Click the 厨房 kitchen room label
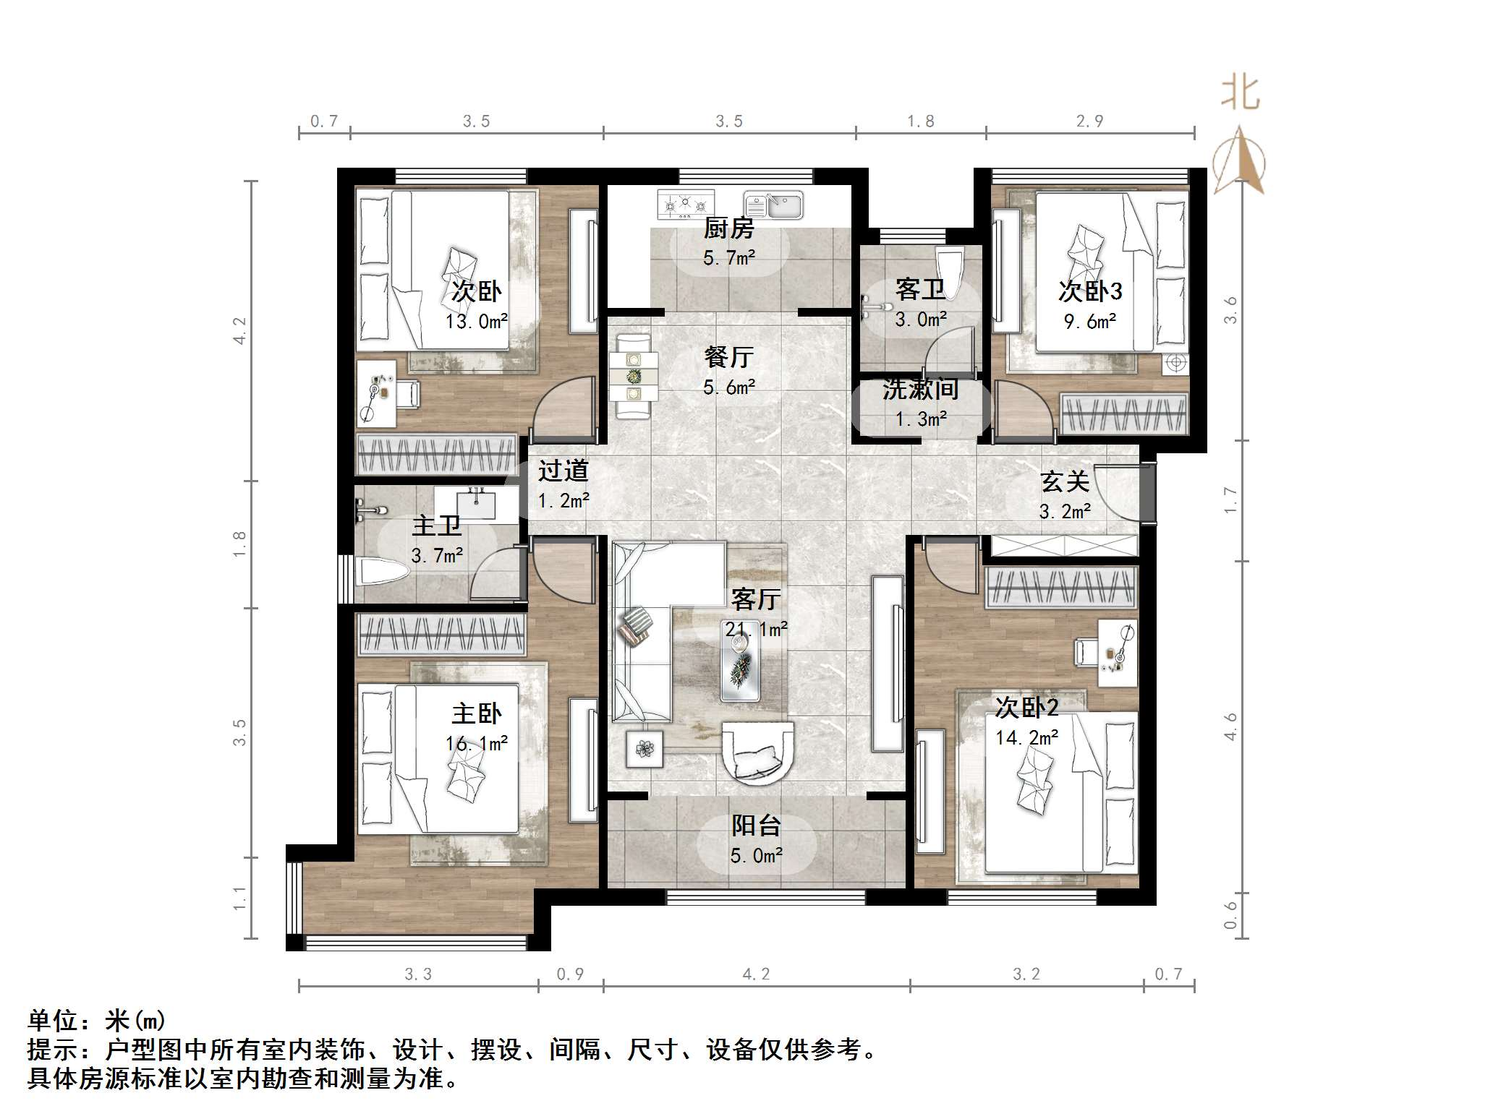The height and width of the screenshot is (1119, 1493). click(x=729, y=228)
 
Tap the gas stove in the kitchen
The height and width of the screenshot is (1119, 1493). click(x=686, y=204)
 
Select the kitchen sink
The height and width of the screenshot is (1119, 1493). click(x=773, y=205)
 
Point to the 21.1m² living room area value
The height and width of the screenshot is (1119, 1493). click(x=757, y=630)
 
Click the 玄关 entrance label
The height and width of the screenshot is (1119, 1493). click(x=1065, y=482)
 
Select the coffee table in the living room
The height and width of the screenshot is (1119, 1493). click(x=740, y=669)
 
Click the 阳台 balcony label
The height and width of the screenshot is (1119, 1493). click(x=756, y=826)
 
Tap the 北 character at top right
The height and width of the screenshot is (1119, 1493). click(x=1241, y=93)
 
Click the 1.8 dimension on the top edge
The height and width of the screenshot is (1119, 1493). click(x=921, y=121)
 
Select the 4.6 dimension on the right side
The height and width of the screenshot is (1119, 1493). click(x=1230, y=726)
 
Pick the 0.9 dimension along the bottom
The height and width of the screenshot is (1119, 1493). click(x=570, y=974)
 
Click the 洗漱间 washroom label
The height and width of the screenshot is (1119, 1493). click(x=920, y=390)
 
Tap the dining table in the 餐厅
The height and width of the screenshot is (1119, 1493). click(x=634, y=376)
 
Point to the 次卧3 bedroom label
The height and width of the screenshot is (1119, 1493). click(x=1090, y=291)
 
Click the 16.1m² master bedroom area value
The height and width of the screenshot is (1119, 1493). click(x=477, y=744)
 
